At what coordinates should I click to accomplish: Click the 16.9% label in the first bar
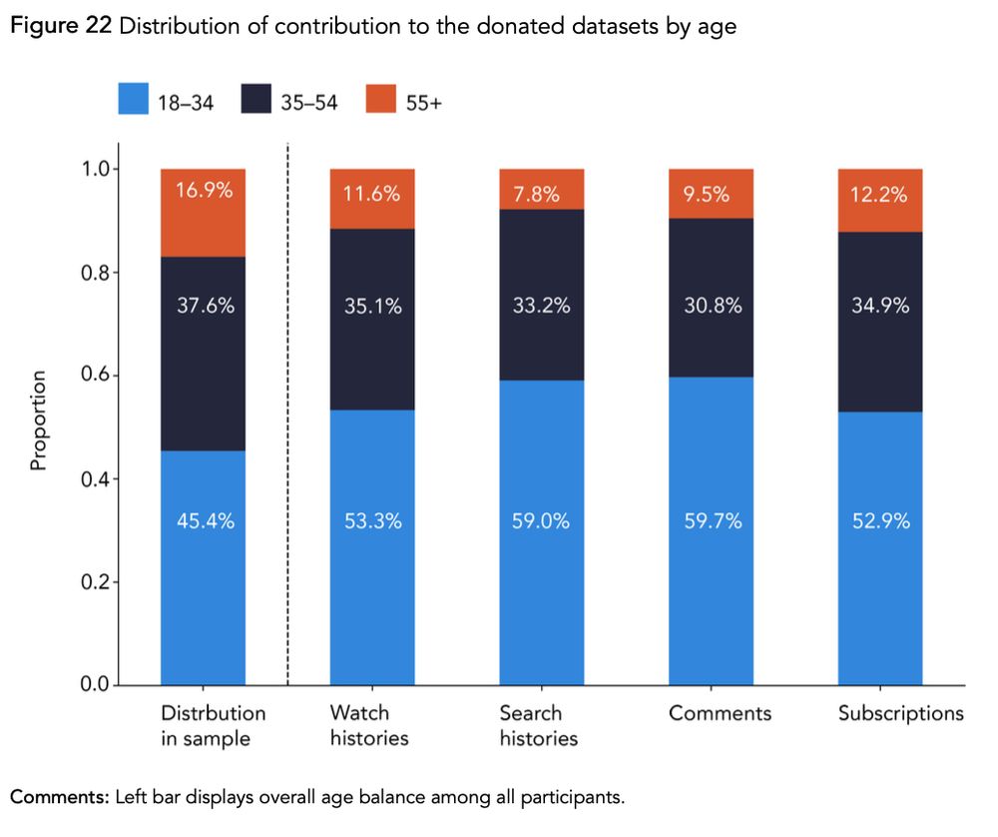point(204,191)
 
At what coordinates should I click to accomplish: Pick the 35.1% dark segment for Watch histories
point(372,319)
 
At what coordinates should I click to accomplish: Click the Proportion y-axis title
point(38,420)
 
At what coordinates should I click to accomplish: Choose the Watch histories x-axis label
point(368,726)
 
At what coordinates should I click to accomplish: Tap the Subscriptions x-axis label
point(900,714)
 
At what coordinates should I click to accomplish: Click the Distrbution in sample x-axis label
point(213,726)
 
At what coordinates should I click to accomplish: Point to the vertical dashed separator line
point(287,419)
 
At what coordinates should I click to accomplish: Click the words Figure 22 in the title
point(60,27)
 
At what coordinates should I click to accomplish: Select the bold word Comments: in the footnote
point(59,797)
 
